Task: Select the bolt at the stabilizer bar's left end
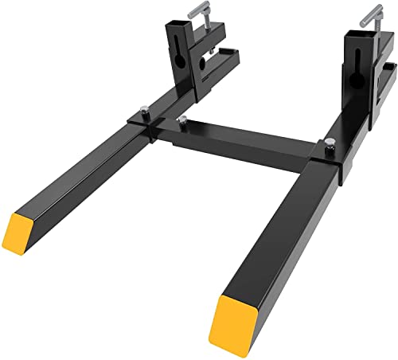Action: coord(184,120)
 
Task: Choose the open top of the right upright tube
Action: coord(355,35)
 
